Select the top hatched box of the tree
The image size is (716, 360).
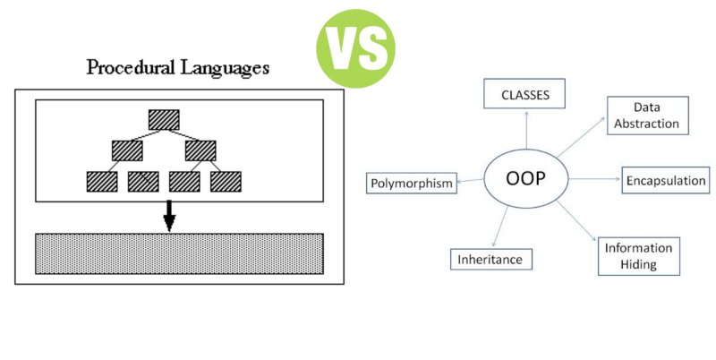click(165, 119)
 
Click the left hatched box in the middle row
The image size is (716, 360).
click(127, 150)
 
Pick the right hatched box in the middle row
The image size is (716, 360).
click(200, 150)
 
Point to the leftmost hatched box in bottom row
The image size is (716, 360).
click(100, 181)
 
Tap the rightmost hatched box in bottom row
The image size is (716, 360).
click(226, 181)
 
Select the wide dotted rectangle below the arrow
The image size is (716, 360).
click(179, 253)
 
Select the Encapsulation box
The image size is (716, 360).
click(664, 179)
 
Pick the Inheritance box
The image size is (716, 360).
click(490, 260)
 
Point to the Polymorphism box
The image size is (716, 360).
click(413, 184)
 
